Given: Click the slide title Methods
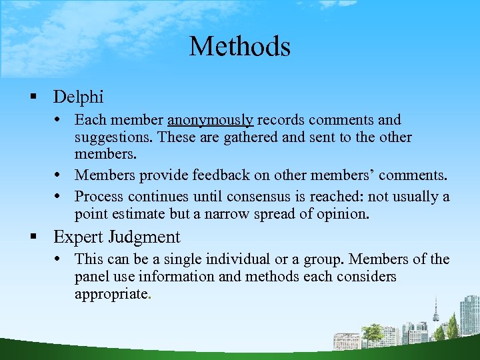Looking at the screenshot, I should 240,47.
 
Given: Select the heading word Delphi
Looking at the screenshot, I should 79,97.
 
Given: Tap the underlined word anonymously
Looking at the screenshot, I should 210,121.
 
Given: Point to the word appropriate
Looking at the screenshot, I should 111,294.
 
